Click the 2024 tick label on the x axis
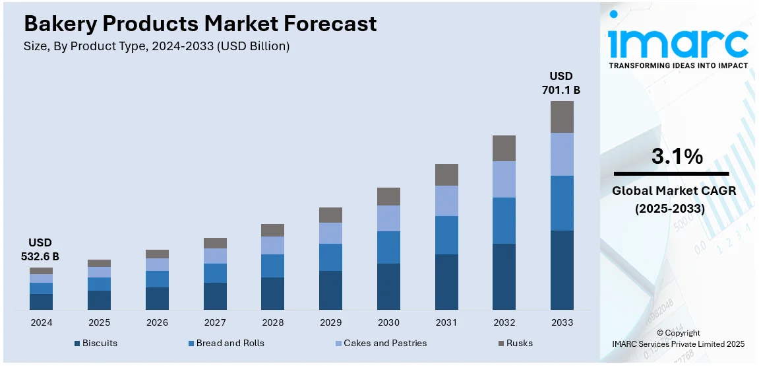[x=41, y=322]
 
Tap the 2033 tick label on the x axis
[x=562, y=322]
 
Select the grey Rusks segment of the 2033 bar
[x=562, y=117]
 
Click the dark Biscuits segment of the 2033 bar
[x=562, y=270]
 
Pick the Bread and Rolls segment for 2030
[x=388, y=247]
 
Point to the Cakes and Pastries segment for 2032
[x=504, y=179]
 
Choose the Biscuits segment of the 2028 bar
[x=272, y=293]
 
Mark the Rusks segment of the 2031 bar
[x=446, y=174]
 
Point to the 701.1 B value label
[x=561, y=89]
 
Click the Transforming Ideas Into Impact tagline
[x=678, y=65]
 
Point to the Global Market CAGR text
[x=674, y=191]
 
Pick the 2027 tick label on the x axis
[x=215, y=322]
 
